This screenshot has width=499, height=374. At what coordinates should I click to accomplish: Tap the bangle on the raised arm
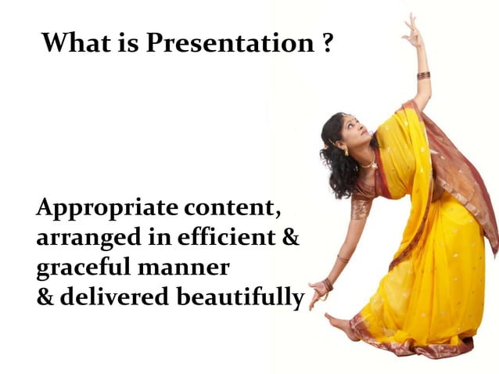pyautogui.click(x=423, y=75)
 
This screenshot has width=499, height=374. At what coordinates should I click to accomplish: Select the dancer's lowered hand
pyautogui.click(x=318, y=291)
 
